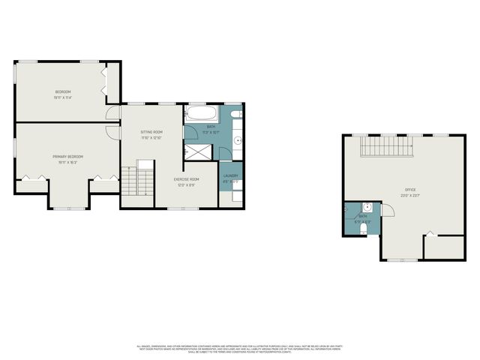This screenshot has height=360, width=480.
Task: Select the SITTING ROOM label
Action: coord(151,132)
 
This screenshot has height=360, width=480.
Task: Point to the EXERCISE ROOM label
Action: coord(186,179)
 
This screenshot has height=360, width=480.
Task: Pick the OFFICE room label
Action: coord(409,190)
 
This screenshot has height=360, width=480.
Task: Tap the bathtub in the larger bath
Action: coord(201,115)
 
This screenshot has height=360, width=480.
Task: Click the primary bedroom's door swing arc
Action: coord(113,131)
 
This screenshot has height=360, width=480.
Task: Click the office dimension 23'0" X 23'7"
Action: coord(409,196)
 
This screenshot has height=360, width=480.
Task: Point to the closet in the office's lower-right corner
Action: coord(445,248)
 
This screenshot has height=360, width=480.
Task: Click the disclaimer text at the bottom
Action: coord(240,348)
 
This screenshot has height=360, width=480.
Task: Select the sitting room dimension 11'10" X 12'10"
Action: coord(151,138)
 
